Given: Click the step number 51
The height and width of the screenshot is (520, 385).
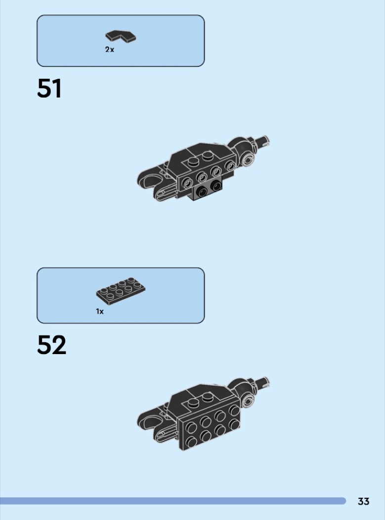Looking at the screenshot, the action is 49,88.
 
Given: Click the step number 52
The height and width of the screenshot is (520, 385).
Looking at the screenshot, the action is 51,345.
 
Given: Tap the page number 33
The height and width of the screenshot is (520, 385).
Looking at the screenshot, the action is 363,501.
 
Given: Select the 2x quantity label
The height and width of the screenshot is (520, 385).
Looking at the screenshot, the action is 110,50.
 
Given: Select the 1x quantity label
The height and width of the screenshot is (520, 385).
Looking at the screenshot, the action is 100,312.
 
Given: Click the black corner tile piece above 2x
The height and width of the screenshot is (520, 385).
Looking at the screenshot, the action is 121,36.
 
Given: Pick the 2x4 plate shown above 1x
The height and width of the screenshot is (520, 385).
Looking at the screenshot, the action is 121,291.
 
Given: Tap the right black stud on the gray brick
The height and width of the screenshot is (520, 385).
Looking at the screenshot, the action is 216,186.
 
